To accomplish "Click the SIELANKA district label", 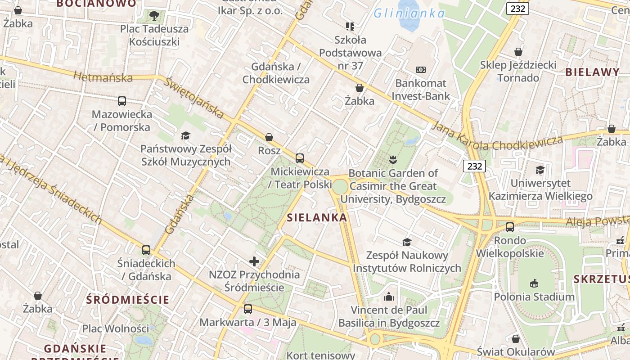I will pyautogui.click(x=317, y=218).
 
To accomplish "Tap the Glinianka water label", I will pyautogui.click(x=409, y=13).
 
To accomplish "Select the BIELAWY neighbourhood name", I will pyautogui.click(x=592, y=72).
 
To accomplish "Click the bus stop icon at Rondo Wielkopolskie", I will pyautogui.click(x=509, y=227).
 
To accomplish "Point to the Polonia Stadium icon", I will pyautogui.click(x=534, y=283).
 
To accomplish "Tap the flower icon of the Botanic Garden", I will pyautogui.click(x=393, y=159).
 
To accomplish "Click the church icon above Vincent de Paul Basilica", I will pyautogui.click(x=389, y=297).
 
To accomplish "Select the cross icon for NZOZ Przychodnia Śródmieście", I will pyautogui.click(x=254, y=261).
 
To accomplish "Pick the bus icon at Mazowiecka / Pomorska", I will pyautogui.click(x=121, y=101).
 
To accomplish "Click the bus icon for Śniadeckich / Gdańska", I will pyautogui.click(x=146, y=250).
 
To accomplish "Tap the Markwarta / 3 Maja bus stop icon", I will pyautogui.click(x=247, y=309).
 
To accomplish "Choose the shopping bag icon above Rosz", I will pyautogui.click(x=269, y=137).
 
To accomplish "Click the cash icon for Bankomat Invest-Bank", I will pyautogui.click(x=420, y=70).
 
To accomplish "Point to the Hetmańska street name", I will pyautogui.click(x=103, y=77).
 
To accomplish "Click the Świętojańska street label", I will pyautogui.click(x=193, y=98).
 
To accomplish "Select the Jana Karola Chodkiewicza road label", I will pyautogui.click(x=497, y=138).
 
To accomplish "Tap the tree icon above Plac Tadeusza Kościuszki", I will pyautogui.click(x=154, y=16).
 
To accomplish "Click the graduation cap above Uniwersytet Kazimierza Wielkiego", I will pyautogui.click(x=540, y=170).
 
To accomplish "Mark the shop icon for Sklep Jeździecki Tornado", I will pyautogui.click(x=518, y=52).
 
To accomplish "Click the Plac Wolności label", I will pyautogui.click(x=115, y=328).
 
